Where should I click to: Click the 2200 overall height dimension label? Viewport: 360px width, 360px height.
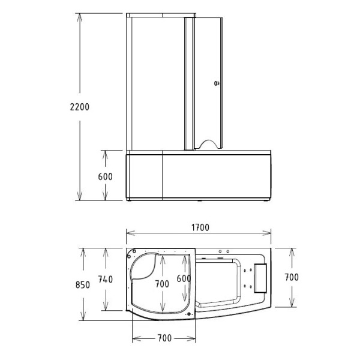pyautogui.click(x=79, y=107)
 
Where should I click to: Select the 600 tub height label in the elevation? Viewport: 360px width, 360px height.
pyautogui.click(x=104, y=176)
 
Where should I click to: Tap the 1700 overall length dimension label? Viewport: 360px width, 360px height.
pyautogui.click(x=200, y=227)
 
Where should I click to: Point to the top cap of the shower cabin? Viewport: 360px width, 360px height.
pyautogui.click(x=159, y=14)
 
